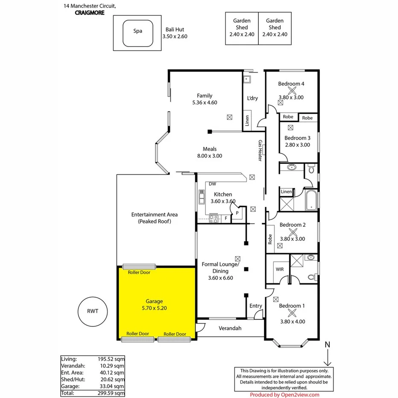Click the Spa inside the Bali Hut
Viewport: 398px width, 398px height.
click(x=138, y=31)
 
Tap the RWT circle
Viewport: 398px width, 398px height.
click(x=92, y=311)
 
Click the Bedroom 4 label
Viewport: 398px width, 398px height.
click(x=291, y=84)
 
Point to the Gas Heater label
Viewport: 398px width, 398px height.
click(x=259, y=150)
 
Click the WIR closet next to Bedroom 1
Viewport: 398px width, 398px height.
click(x=280, y=269)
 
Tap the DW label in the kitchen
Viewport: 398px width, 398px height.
click(x=212, y=184)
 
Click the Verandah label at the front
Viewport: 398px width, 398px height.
click(x=230, y=328)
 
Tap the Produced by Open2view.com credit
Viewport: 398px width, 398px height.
click(x=284, y=395)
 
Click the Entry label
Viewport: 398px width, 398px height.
click(x=256, y=306)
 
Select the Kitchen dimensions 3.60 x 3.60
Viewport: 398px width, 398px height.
click(x=225, y=201)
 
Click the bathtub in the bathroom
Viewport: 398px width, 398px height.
click(x=311, y=201)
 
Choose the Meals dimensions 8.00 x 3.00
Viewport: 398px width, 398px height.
click(x=212, y=156)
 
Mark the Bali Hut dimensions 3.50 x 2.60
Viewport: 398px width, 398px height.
click(x=175, y=37)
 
